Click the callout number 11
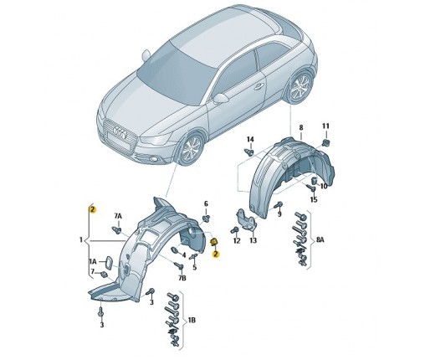click(x=325, y=126)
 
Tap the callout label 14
click(x=250, y=139)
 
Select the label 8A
click(x=320, y=239)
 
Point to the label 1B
click(x=192, y=320)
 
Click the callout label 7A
click(x=118, y=216)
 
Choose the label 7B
click(x=182, y=278)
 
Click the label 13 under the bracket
click(x=253, y=240)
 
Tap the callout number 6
click(x=206, y=203)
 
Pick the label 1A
click(x=93, y=261)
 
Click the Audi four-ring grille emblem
click(x=120, y=132)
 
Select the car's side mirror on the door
click(x=221, y=99)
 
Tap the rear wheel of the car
click(x=300, y=85)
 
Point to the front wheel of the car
click(x=192, y=148)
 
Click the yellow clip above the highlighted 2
click(x=213, y=242)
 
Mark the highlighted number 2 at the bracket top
click(x=93, y=209)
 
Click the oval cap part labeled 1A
click(x=108, y=263)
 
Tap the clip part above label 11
click(x=325, y=142)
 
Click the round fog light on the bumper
click(x=153, y=160)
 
